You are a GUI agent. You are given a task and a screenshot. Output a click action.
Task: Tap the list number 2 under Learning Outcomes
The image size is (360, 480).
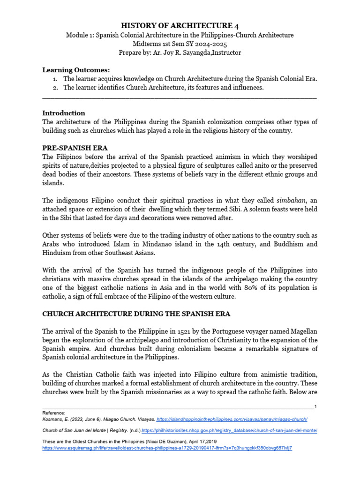point(55,87)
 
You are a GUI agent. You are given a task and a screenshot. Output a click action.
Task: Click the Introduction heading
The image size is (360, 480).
point(64,113)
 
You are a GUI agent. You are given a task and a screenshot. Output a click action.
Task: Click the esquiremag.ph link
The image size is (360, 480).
point(167,448)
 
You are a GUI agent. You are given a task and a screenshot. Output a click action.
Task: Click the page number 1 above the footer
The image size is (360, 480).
point(315,406)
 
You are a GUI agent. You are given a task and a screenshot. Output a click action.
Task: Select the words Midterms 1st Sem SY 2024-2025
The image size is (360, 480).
point(180,44)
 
